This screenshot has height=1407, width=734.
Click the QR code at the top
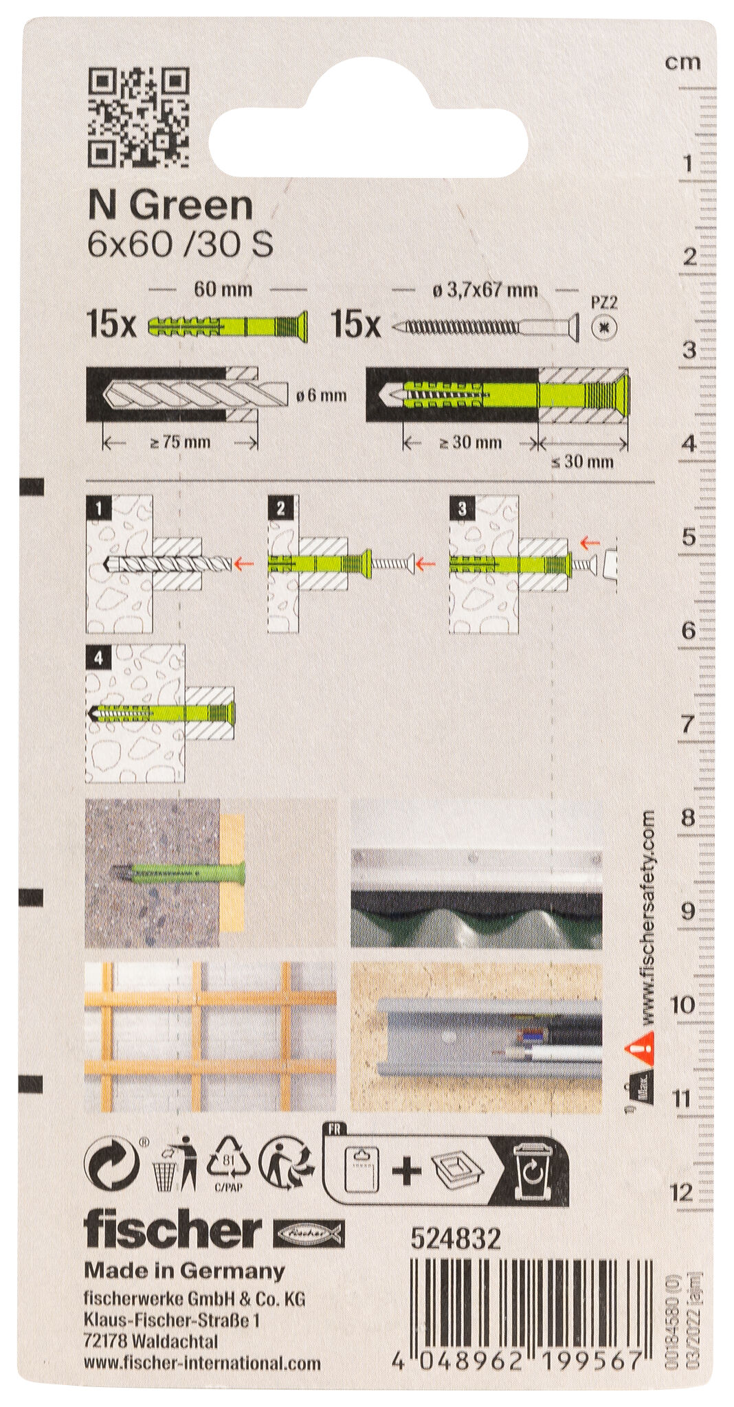coord(139,117)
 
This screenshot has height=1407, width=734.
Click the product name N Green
coord(170,205)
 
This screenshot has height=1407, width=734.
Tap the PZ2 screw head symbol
coord(604,327)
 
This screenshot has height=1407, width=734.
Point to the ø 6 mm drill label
coord(321,396)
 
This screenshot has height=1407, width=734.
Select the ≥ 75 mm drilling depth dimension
coord(180,442)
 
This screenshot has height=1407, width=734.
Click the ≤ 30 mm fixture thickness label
coord(582,462)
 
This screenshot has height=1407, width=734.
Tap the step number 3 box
coord(461,508)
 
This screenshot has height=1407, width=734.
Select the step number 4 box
coord(99,659)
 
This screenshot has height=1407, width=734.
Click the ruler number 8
coord(687,818)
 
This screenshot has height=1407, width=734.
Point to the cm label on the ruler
coord(682,63)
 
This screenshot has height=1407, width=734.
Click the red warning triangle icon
coord(638,1047)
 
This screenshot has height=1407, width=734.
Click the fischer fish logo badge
coord(309,1235)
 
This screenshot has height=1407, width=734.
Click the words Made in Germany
coord(184,1271)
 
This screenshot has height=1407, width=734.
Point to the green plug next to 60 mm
coord(227,326)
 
